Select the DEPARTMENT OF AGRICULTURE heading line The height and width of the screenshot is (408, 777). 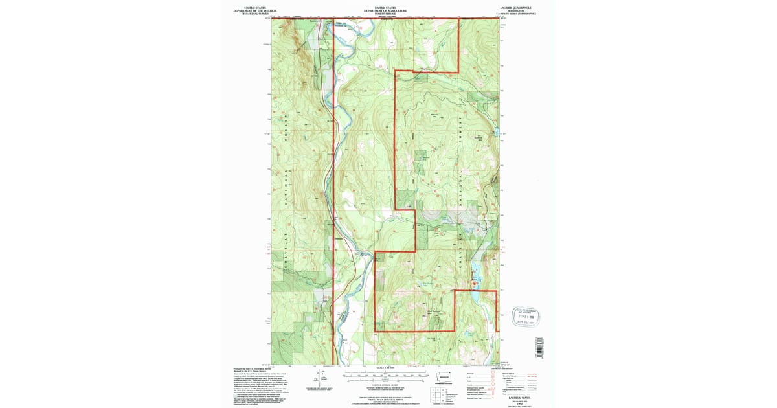click(385, 11)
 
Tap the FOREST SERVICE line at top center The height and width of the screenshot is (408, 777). click(385, 14)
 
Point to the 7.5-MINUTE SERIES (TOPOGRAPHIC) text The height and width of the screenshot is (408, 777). click(516, 14)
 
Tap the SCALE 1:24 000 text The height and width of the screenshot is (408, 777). click(385, 369)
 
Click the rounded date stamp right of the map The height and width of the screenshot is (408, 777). click(526, 315)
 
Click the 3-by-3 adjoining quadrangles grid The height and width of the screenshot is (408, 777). click(435, 394)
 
